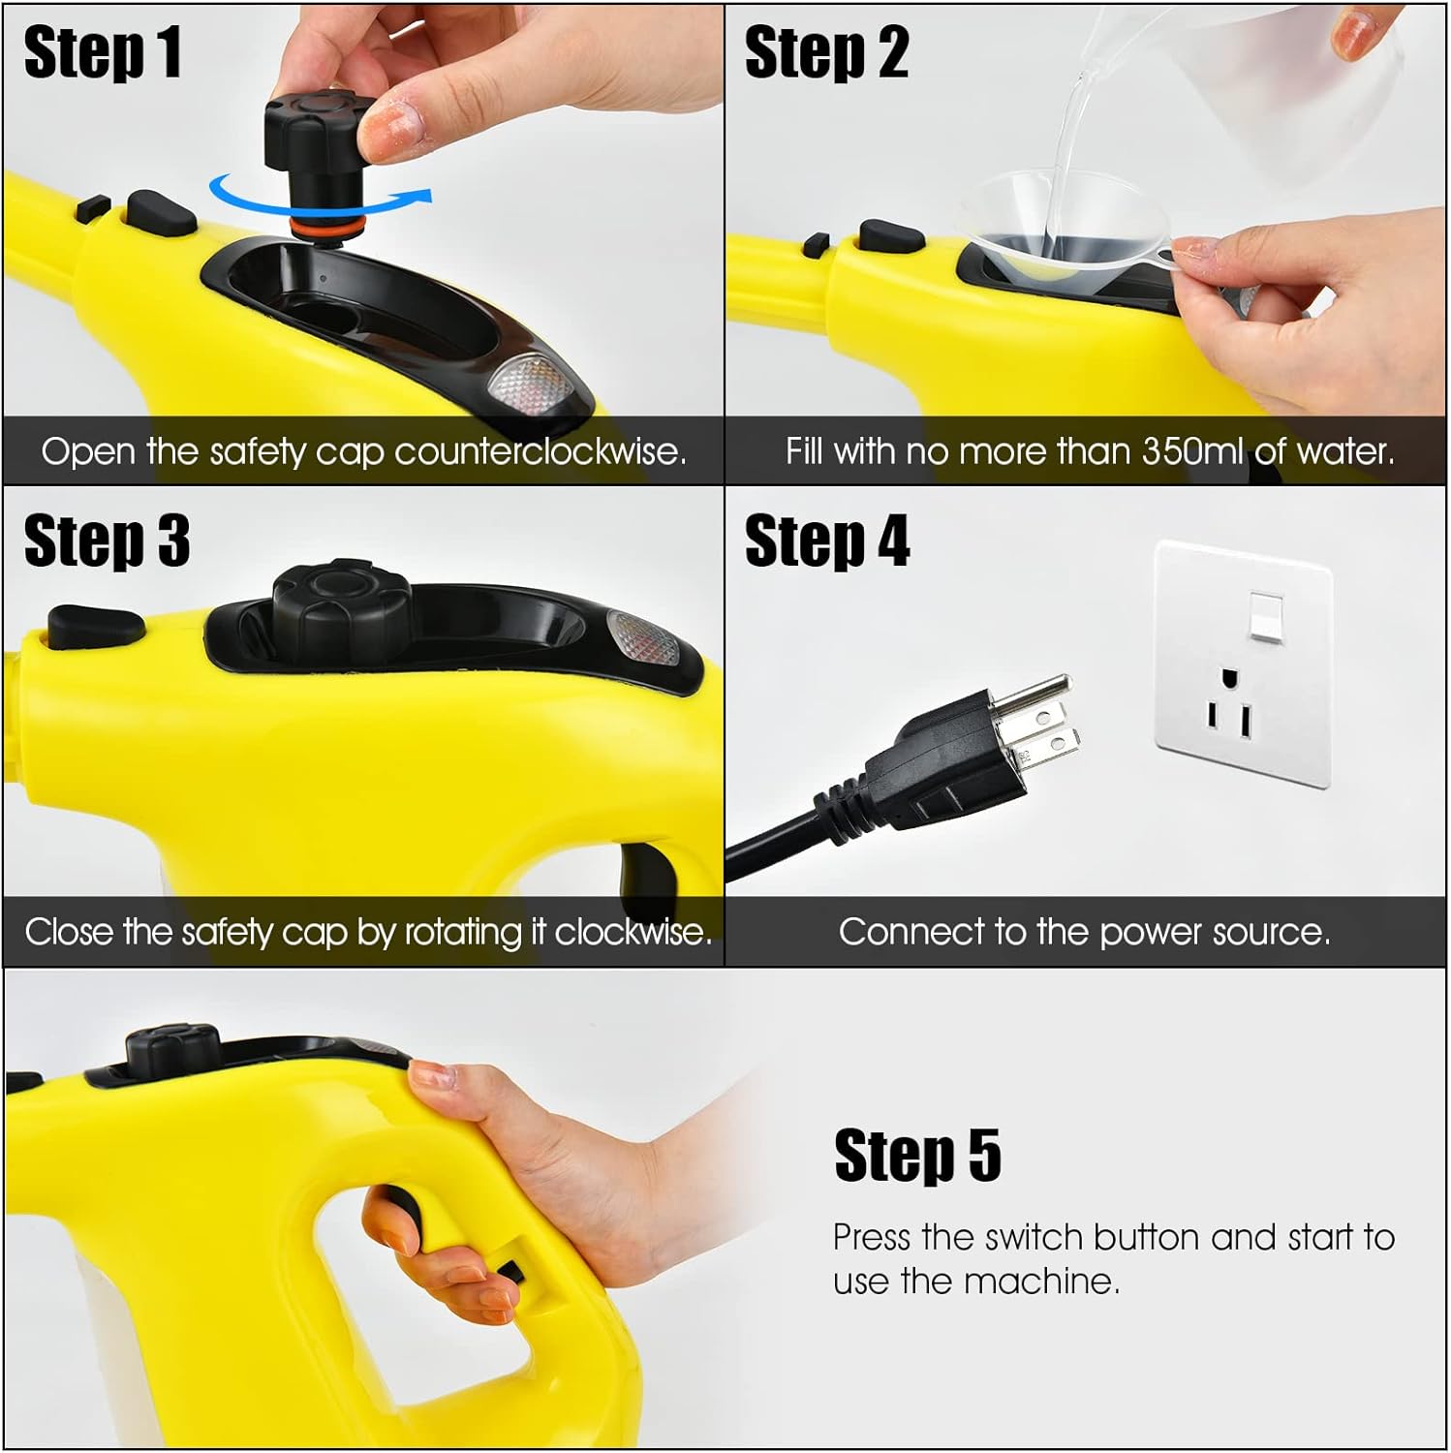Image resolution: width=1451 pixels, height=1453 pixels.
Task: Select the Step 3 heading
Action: tap(107, 541)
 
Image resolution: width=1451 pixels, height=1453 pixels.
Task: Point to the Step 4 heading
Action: tap(827, 541)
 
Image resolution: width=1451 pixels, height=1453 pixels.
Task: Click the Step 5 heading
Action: tap(917, 1155)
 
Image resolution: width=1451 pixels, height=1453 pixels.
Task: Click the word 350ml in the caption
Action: tap(1191, 451)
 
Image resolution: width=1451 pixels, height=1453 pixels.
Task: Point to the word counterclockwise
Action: tap(540, 451)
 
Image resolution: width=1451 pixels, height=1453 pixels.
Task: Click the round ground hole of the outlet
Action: tap(1229, 677)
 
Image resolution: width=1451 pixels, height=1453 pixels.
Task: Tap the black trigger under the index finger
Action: tap(397, 1209)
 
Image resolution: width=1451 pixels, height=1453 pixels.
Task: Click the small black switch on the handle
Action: tap(510, 1272)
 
